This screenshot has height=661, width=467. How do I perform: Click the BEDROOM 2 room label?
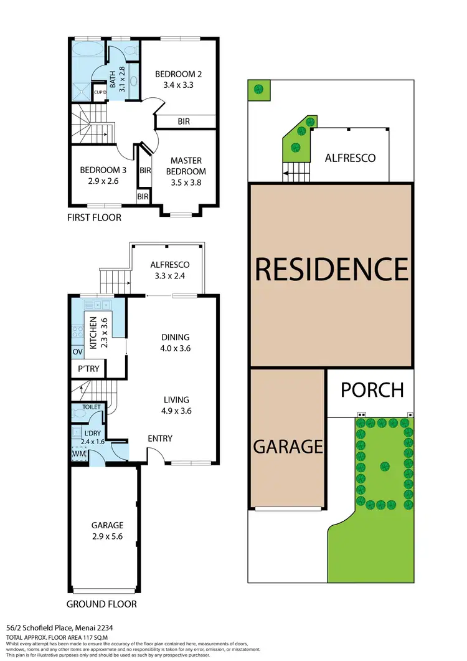click(x=178, y=74)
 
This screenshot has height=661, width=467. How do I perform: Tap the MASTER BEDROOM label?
click(x=187, y=166)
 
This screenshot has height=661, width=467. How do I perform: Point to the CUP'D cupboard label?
click(x=100, y=93)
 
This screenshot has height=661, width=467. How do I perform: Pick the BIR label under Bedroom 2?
click(x=184, y=121)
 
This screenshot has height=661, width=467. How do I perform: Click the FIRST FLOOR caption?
click(x=94, y=217)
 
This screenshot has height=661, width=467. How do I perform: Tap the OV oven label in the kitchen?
click(x=78, y=352)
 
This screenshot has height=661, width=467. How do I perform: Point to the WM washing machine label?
click(x=78, y=454)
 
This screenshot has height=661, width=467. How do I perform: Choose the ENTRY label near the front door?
click(x=160, y=439)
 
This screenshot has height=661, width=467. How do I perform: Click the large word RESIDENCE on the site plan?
click(x=331, y=269)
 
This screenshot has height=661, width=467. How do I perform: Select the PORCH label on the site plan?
click(x=372, y=390)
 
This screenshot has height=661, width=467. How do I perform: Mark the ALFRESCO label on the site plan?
click(x=350, y=158)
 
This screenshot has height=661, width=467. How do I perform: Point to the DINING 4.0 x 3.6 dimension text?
click(x=174, y=348)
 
